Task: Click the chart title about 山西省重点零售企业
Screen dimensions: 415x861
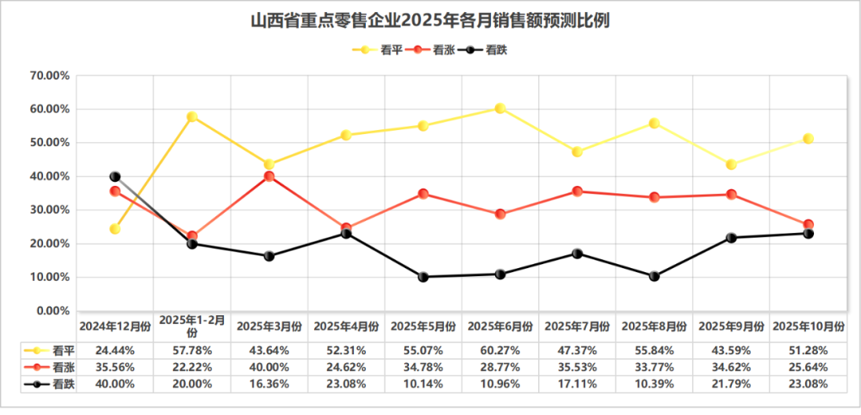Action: [431, 20]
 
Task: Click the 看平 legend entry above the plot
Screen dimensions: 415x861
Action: [379, 49]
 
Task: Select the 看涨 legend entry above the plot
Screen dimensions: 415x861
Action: [432, 49]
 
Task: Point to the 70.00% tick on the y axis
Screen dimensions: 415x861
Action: [49, 76]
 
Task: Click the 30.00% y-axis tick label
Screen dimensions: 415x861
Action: [49, 210]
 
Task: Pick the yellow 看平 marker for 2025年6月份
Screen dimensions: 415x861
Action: [500, 108]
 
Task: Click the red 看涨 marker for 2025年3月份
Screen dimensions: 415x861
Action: [269, 176]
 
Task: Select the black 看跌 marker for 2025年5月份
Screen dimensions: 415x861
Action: [423, 277]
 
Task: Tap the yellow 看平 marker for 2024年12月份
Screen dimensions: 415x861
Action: [115, 229]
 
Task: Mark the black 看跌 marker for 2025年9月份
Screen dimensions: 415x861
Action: [731, 238]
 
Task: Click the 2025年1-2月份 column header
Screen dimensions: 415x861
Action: [192, 326]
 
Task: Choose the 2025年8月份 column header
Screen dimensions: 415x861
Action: [654, 326]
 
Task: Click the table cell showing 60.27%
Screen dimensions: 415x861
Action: [500, 350]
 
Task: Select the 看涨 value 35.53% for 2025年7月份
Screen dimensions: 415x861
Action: [577, 367]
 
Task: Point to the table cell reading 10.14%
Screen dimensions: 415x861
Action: [423, 384]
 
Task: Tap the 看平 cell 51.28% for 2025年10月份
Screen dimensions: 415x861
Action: [807, 350]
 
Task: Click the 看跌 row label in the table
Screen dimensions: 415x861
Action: [62, 384]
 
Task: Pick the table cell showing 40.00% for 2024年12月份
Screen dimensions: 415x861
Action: [115, 384]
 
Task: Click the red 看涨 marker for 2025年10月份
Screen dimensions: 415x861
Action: [808, 225]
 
